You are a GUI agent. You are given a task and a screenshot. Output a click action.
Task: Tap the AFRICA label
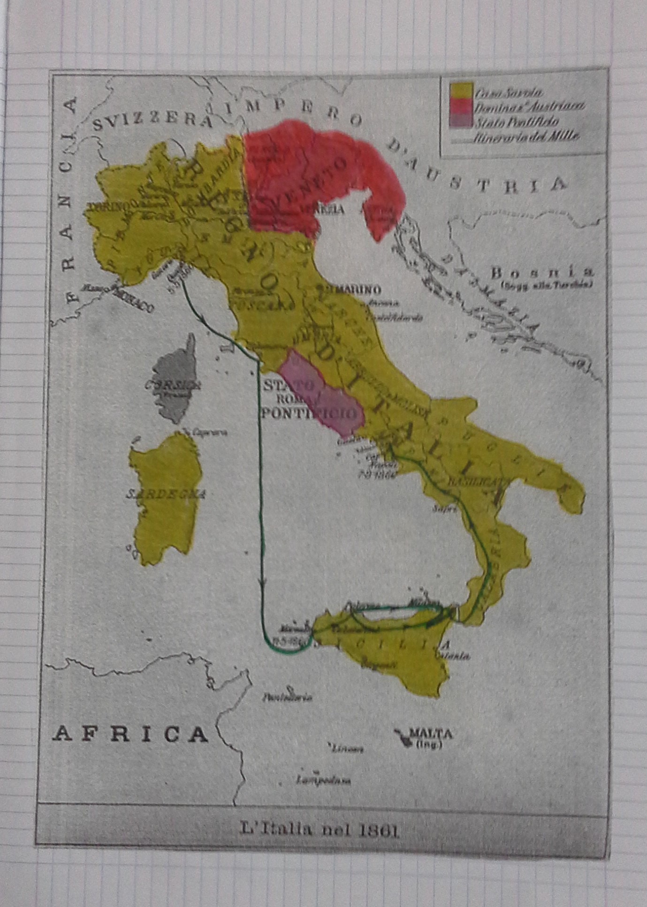[x=130, y=734]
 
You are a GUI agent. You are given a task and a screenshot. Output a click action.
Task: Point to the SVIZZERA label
[x=152, y=122]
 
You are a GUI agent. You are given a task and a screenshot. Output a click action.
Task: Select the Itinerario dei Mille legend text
[x=526, y=137]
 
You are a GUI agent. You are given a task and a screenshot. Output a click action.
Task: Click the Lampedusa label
[x=324, y=781]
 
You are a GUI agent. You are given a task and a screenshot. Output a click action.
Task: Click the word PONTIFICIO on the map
[x=312, y=413]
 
